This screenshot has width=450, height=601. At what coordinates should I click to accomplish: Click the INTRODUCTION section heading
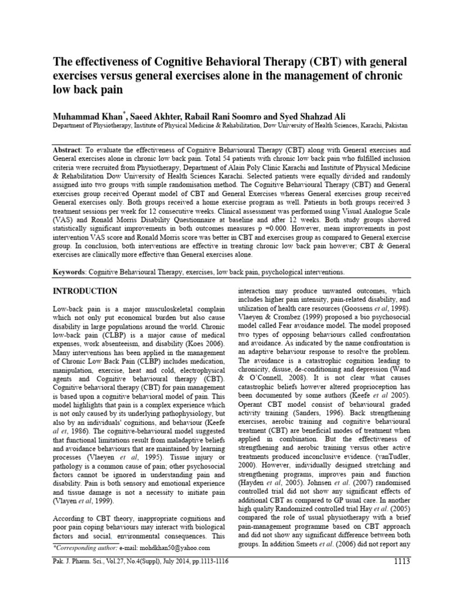85,291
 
